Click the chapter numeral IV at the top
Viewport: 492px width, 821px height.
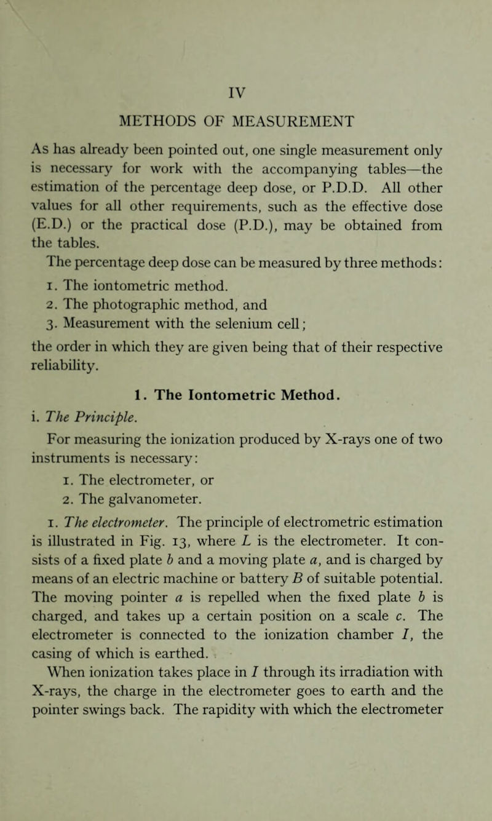point(246,97)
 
